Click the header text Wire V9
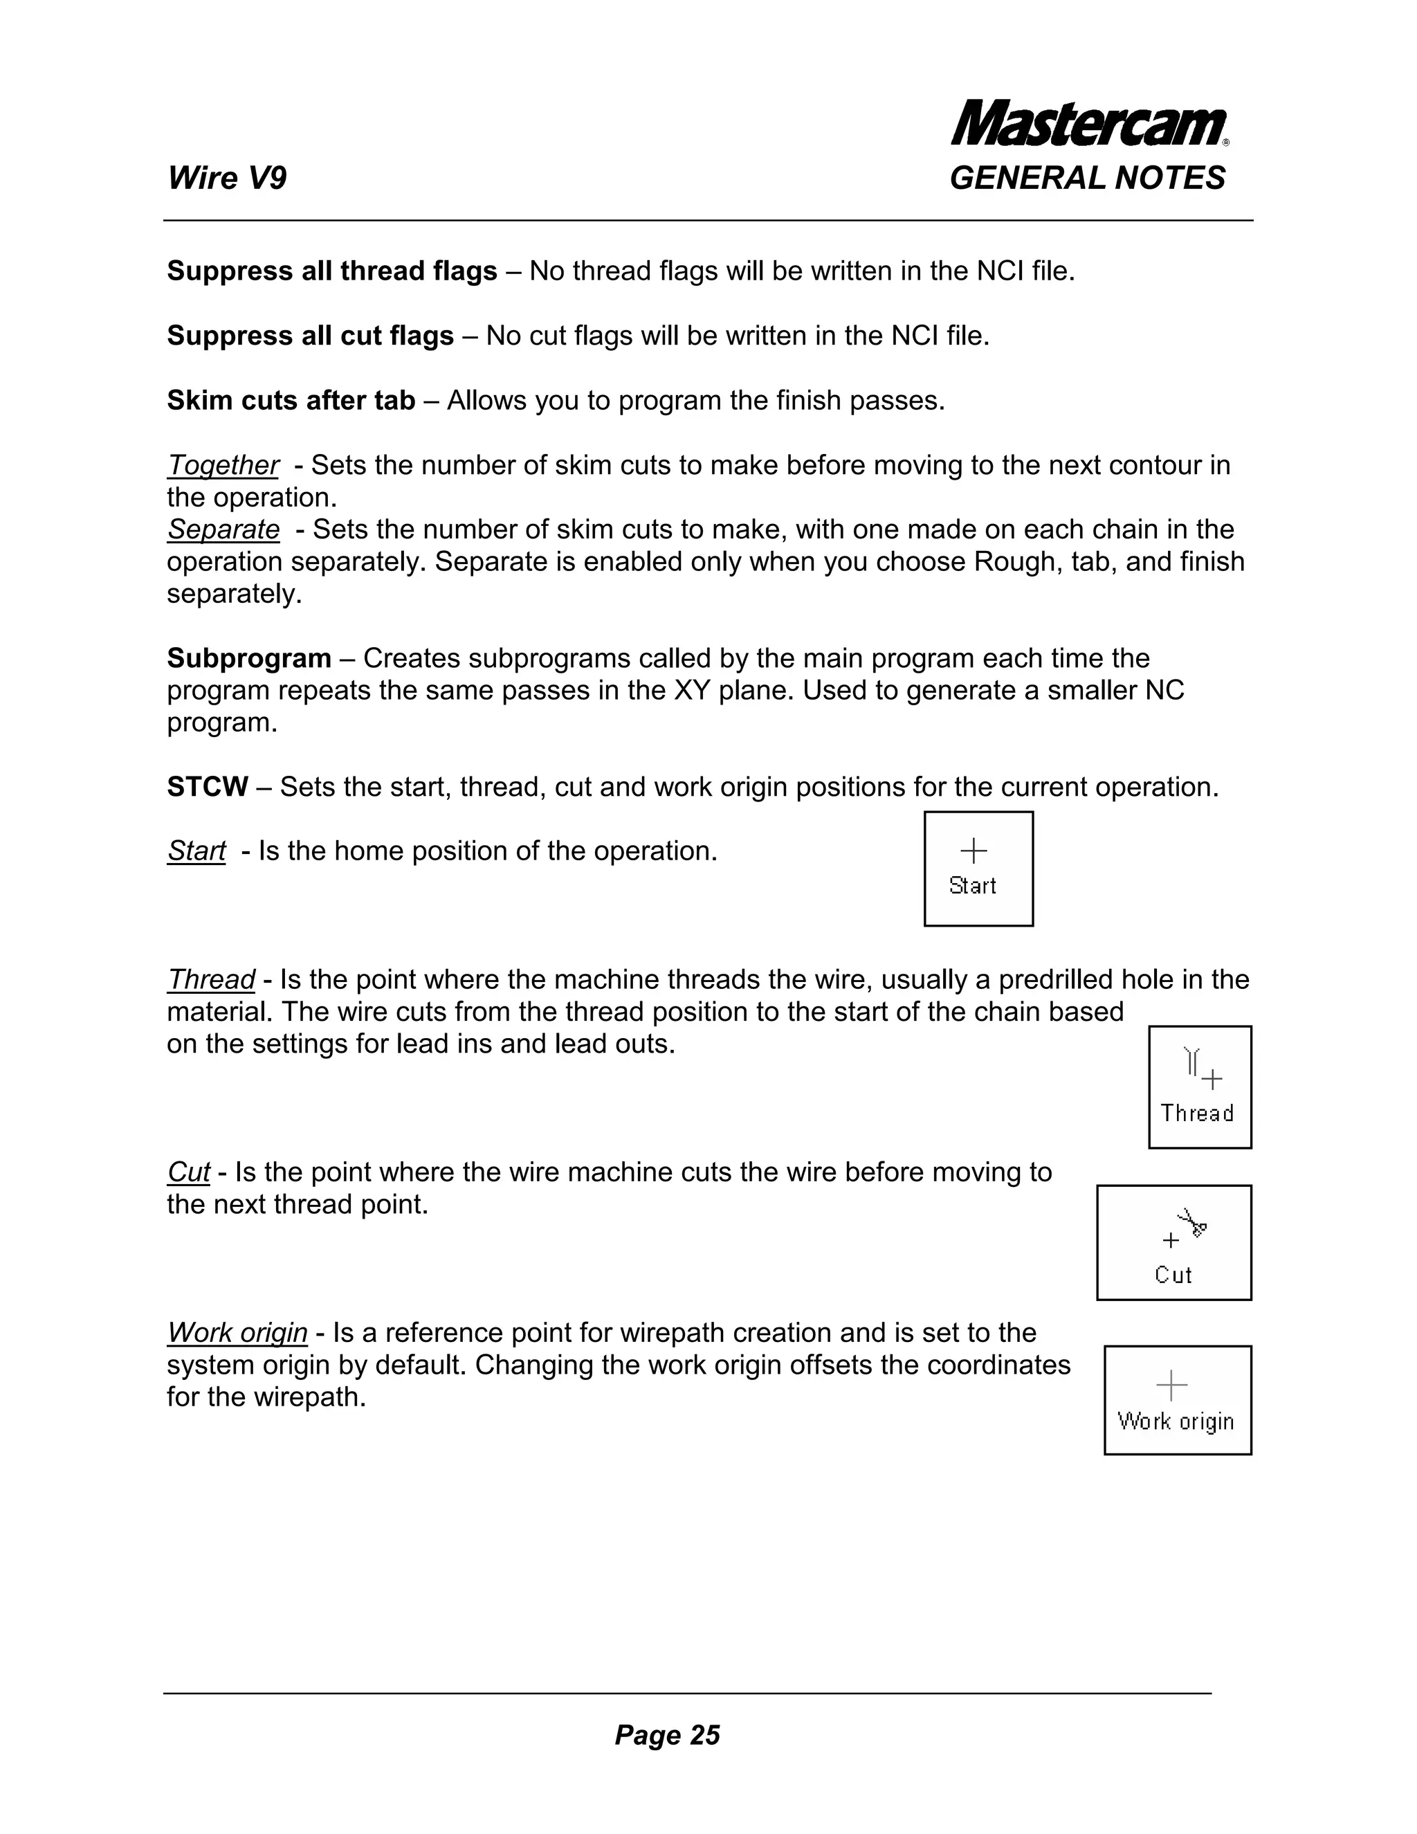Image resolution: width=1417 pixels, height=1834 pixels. click(227, 178)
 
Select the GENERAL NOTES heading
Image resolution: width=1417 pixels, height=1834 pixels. click(1087, 178)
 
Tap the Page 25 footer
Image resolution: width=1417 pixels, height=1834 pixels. click(668, 1735)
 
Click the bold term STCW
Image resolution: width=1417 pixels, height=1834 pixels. click(208, 787)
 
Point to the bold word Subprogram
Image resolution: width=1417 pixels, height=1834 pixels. click(248, 658)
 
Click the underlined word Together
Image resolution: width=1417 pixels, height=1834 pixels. click(223, 465)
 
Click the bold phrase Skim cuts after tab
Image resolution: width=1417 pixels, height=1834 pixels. click(291, 401)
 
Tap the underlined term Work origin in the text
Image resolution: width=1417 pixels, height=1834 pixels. click(237, 1333)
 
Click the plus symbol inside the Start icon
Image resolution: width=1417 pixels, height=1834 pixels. click(973, 851)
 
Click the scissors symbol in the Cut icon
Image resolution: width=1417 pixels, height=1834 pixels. click(1192, 1222)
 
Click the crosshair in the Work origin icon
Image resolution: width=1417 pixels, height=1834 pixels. click(1172, 1386)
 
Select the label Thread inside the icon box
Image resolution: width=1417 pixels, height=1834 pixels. click(1197, 1114)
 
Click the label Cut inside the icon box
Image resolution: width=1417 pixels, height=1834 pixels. click(1173, 1275)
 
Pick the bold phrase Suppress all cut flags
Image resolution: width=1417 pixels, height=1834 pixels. click(310, 336)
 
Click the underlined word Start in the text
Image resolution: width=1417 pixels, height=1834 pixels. click(196, 851)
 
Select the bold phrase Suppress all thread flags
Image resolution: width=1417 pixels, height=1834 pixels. click(331, 271)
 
